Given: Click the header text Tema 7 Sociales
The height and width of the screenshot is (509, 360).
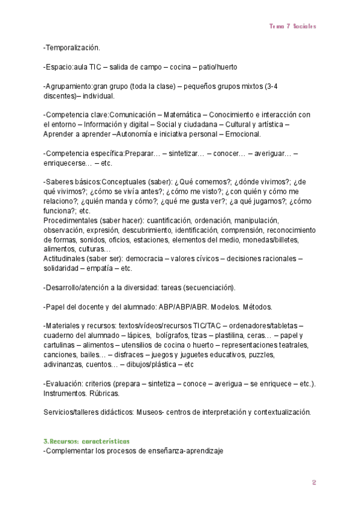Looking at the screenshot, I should coord(292,26).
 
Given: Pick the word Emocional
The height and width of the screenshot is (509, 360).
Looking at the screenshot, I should coord(244,134).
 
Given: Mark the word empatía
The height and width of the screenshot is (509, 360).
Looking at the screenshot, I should coord(97,268).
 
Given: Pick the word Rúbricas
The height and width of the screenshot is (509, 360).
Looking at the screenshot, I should coord(102,393).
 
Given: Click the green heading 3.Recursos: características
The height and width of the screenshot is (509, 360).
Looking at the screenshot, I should coord(86,441).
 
